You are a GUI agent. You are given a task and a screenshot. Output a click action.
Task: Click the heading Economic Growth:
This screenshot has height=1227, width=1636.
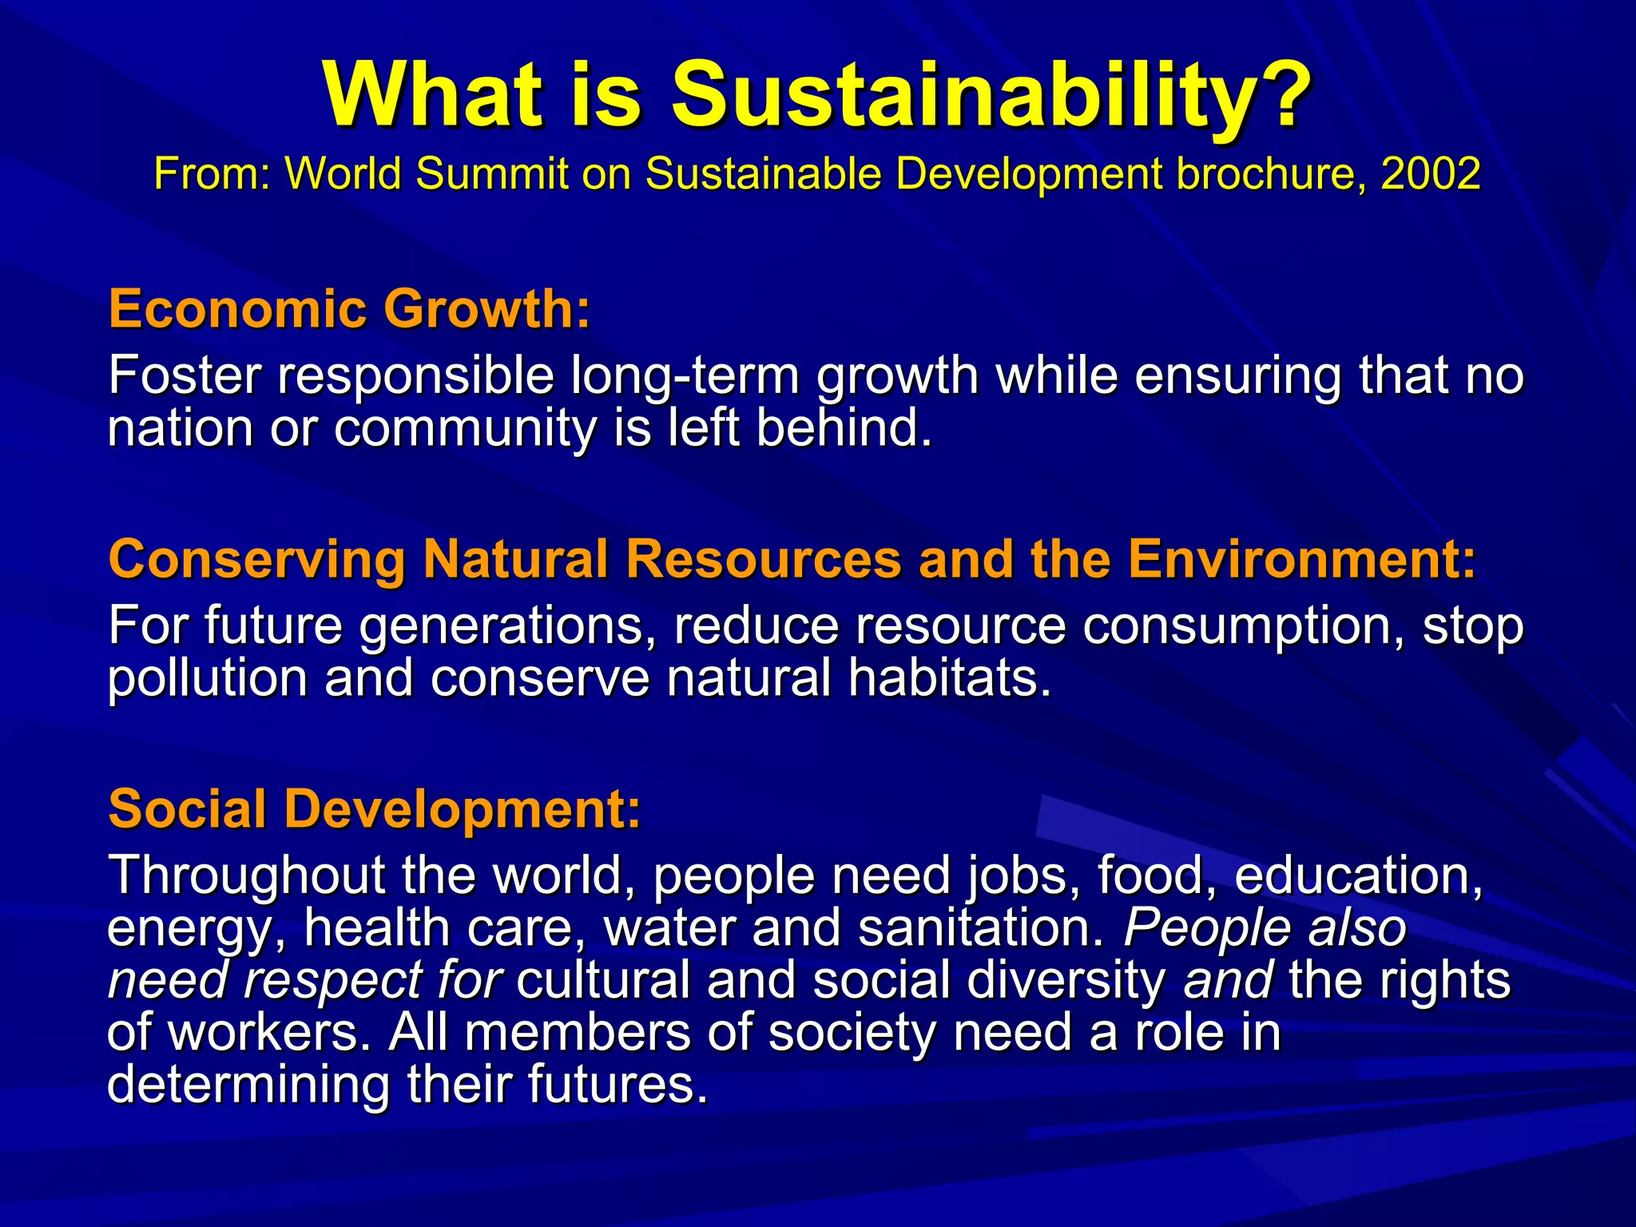coord(349,309)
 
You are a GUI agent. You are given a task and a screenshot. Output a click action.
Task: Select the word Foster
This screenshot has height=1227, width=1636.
coord(185,375)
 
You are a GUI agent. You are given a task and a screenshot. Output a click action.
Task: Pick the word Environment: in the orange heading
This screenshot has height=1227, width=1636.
coord(1302,558)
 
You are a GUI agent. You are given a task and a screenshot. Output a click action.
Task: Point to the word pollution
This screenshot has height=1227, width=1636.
coord(208,678)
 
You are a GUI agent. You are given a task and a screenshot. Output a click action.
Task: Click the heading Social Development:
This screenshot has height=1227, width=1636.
coord(374,809)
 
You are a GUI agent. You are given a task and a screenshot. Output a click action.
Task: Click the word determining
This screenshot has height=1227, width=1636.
coord(248,1085)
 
